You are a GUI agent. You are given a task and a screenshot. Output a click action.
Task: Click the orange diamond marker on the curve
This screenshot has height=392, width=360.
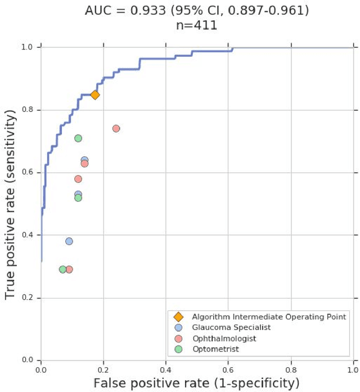(x=95, y=94)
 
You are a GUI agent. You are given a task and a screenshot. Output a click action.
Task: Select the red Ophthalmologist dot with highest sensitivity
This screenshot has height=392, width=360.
(x=116, y=128)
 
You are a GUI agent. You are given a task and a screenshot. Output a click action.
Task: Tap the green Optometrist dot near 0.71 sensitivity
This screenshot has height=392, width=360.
(x=78, y=138)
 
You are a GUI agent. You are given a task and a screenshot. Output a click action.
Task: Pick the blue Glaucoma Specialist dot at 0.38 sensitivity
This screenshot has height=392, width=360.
(x=69, y=241)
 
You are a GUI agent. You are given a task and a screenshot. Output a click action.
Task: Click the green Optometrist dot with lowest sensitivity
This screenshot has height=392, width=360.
(x=62, y=269)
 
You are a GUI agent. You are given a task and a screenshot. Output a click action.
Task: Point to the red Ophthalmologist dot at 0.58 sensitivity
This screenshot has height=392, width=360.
(x=78, y=179)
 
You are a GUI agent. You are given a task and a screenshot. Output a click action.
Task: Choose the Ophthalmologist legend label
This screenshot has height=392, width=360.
(x=224, y=339)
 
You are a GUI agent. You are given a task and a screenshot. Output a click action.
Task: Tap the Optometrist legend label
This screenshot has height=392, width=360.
(x=215, y=349)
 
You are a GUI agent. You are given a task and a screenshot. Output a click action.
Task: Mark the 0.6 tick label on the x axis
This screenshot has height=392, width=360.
(x=228, y=370)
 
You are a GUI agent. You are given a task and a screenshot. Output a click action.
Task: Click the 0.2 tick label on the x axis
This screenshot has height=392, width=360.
(x=103, y=370)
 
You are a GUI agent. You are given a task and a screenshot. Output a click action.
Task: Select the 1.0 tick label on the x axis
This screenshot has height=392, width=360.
(x=353, y=370)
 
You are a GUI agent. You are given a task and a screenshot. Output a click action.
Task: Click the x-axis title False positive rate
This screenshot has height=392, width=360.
(x=196, y=384)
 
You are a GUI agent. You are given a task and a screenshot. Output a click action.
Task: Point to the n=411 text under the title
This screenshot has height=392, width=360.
(x=196, y=26)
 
